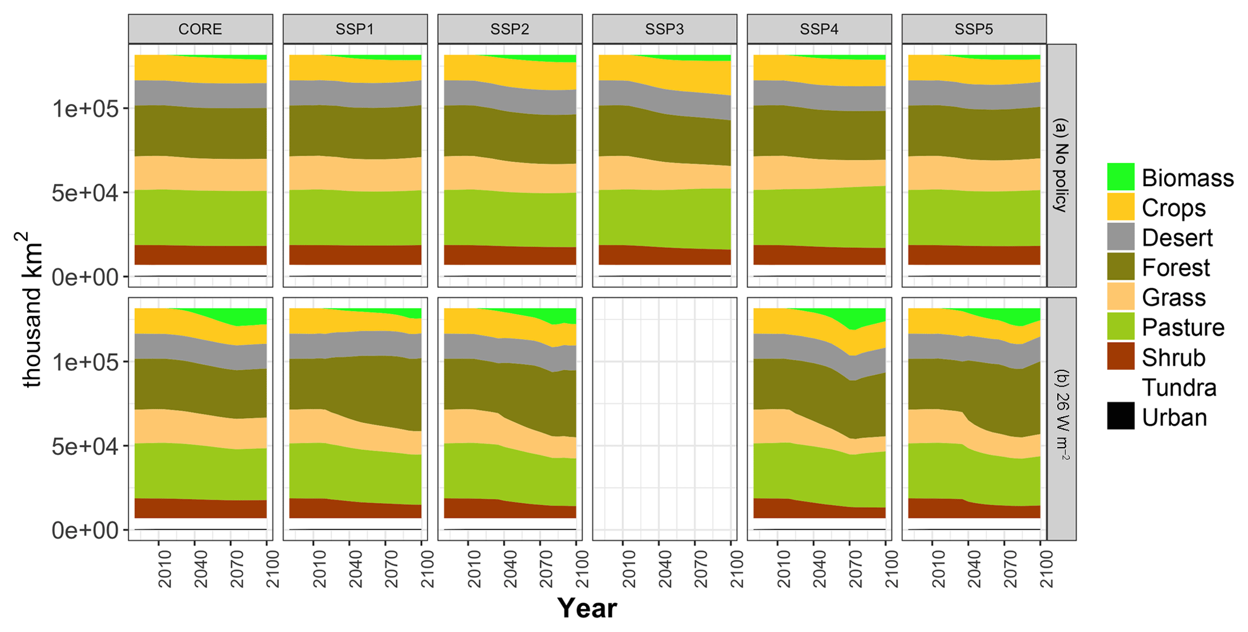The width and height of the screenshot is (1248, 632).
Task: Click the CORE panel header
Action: [x=200, y=29]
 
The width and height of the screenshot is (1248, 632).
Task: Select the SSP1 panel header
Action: [x=355, y=29]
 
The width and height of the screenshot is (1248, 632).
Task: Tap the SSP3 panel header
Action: [x=664, y=29]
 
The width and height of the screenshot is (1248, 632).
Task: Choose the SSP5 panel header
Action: [x=974, y=29]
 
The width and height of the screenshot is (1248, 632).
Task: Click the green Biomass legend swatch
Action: [x=1121, y=177]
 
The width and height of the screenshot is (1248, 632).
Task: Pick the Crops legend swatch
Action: [x=1121, y=207]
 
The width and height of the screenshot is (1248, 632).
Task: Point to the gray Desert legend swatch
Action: [x=1121, y=237]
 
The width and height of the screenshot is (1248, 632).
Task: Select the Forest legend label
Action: [x=1176, y=268]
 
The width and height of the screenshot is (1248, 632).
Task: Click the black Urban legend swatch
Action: [x=1121, y=417]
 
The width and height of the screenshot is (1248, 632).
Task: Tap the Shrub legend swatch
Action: [x=1121, y=357]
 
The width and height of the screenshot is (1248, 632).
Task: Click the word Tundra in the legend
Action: [x=1179, y=387]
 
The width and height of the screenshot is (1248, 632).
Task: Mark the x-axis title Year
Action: [x=587, y=608]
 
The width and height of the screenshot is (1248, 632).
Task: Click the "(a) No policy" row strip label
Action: [x=1061, y=165]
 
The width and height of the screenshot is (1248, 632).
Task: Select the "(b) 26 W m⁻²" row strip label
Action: [x=1061, y=418]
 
